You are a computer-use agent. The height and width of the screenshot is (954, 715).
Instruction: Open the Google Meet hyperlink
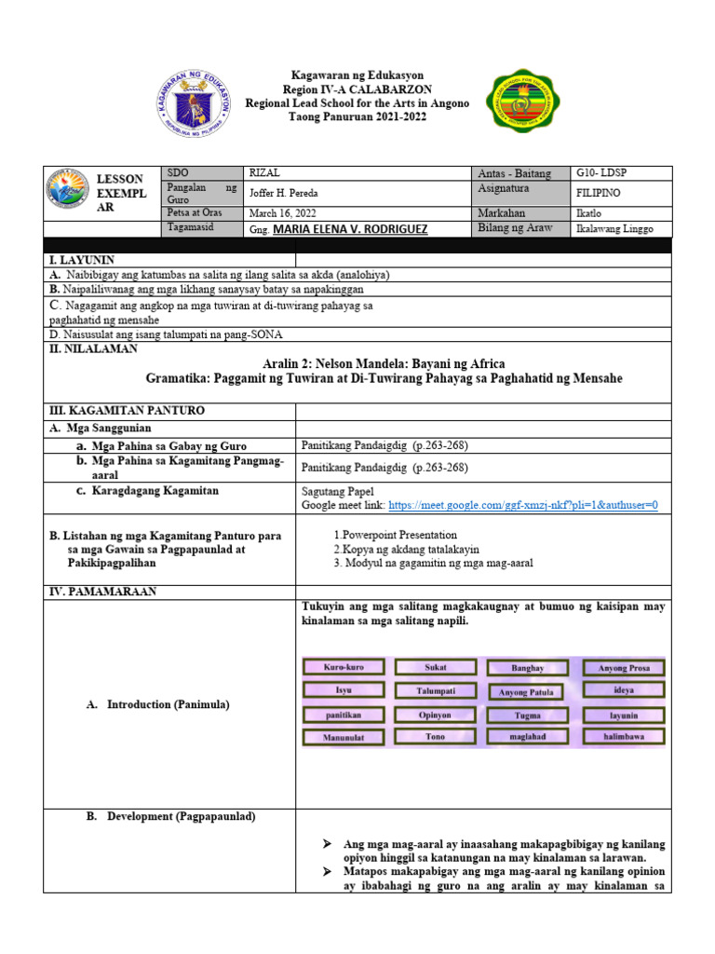tap(523, 505)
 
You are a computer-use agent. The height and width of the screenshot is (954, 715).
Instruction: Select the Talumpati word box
tap(435, 690)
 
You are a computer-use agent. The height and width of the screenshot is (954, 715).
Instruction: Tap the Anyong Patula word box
tap(527, 691)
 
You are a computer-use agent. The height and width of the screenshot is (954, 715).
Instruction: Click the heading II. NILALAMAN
tap(93, 348)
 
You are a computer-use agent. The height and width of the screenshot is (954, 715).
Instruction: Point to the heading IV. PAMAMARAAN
tap(103, 591)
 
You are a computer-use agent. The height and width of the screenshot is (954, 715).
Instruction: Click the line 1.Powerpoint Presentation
tap(395, 535)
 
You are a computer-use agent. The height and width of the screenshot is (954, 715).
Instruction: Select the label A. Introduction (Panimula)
tap(156, 704)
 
